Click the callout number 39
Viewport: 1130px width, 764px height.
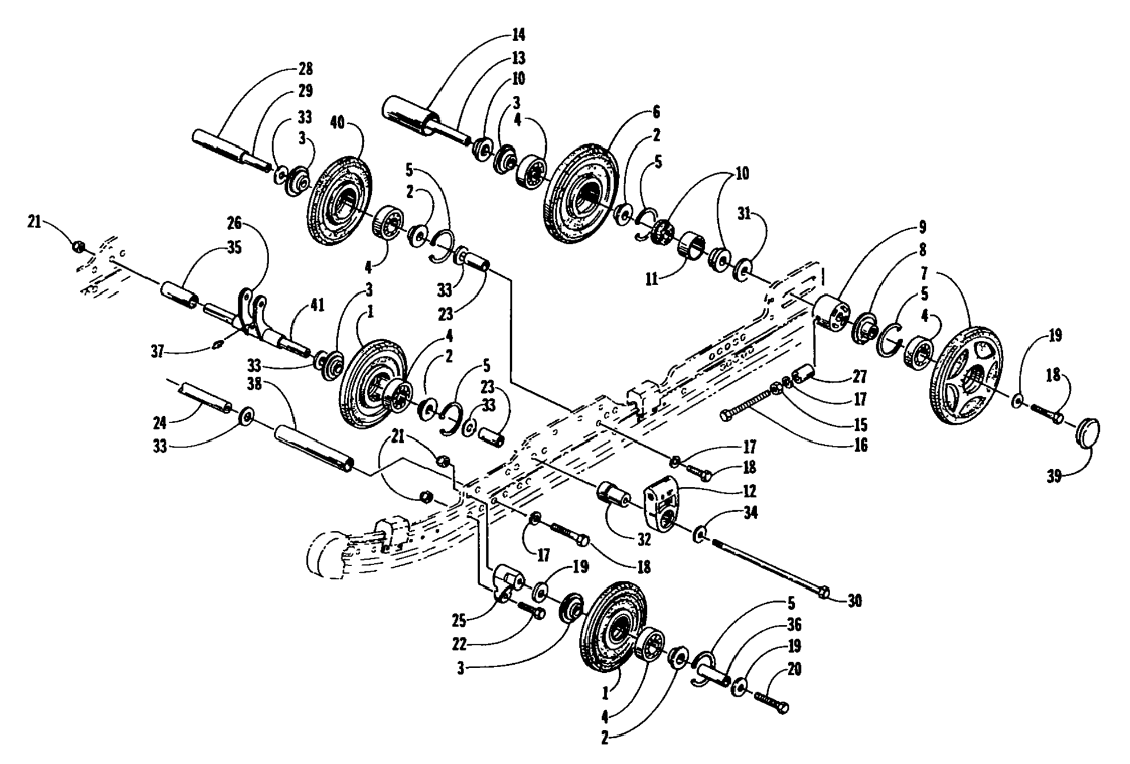click(x=1054, y=476)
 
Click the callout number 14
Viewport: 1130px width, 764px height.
click(x=518, y=35)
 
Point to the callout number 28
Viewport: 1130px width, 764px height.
click(x=306, y=69)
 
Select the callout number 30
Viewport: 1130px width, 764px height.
click(x=854, y=600)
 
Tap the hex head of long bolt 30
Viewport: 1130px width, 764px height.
click(x=823, y=592)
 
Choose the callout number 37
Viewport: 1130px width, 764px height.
click(x=158, y=352)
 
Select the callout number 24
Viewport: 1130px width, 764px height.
click(x=159, y=422)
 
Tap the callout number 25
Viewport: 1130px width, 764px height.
click(x=460, y=620)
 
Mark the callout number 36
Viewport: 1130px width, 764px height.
click(x=794, y=625)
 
